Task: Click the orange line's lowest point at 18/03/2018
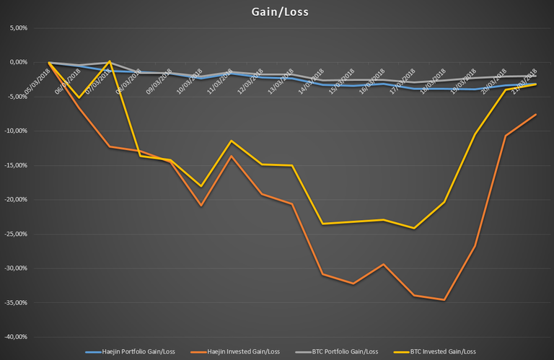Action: pos(444,300)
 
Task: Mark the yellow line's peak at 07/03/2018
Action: pos(109,61)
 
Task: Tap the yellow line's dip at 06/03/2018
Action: pos(79,98)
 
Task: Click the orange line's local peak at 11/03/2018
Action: pos(231,156)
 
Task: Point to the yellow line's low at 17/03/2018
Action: pos(413,228)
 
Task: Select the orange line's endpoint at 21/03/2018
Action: pos(535,114)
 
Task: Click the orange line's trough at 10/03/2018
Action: pos(201,206)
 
